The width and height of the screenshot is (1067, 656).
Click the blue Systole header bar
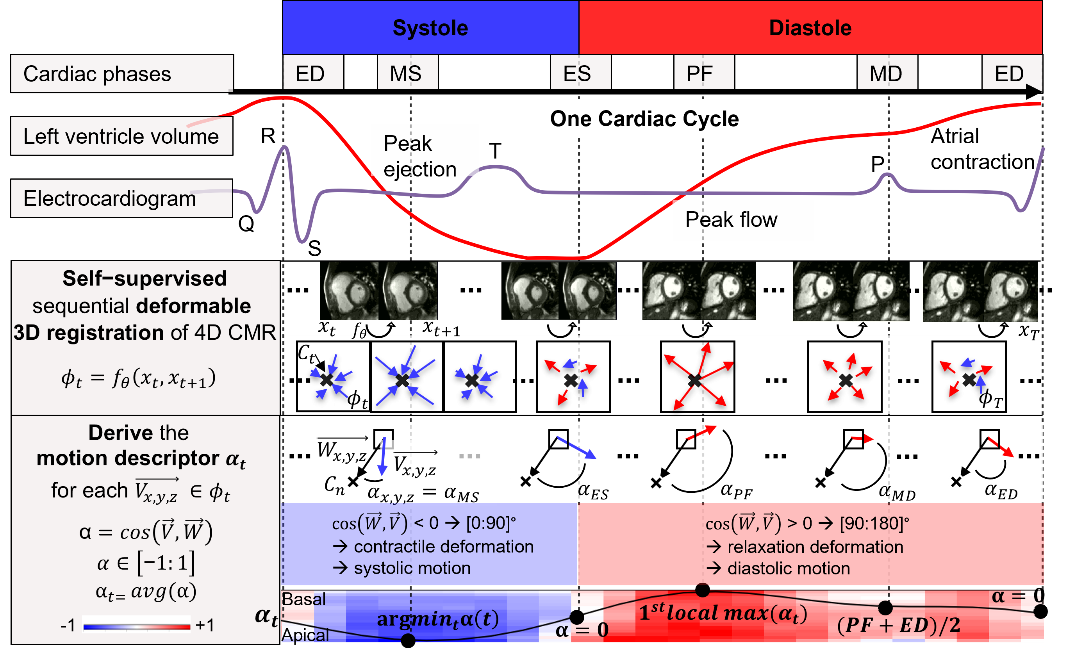430,28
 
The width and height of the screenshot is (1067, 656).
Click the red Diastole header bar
810,28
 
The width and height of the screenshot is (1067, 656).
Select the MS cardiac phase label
407,73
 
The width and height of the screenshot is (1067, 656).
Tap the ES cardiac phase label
580,73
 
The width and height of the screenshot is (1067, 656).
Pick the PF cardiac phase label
703,73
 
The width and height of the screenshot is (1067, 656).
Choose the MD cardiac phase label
887,73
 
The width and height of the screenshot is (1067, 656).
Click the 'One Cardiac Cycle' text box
648,118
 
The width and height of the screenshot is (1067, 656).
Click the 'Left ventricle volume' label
121,136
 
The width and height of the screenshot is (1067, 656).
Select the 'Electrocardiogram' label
110,198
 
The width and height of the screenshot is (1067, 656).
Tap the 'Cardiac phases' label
97,74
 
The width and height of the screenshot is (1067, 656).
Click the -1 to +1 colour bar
137,626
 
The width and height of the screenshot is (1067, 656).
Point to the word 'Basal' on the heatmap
303,599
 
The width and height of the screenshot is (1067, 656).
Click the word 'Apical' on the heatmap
305,635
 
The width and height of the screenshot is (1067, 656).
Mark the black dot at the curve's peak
703,590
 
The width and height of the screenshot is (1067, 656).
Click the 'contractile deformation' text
443,547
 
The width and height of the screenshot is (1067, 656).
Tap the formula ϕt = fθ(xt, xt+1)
138,378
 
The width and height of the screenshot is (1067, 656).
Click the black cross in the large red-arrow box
695,380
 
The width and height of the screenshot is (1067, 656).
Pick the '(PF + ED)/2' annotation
898,625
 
